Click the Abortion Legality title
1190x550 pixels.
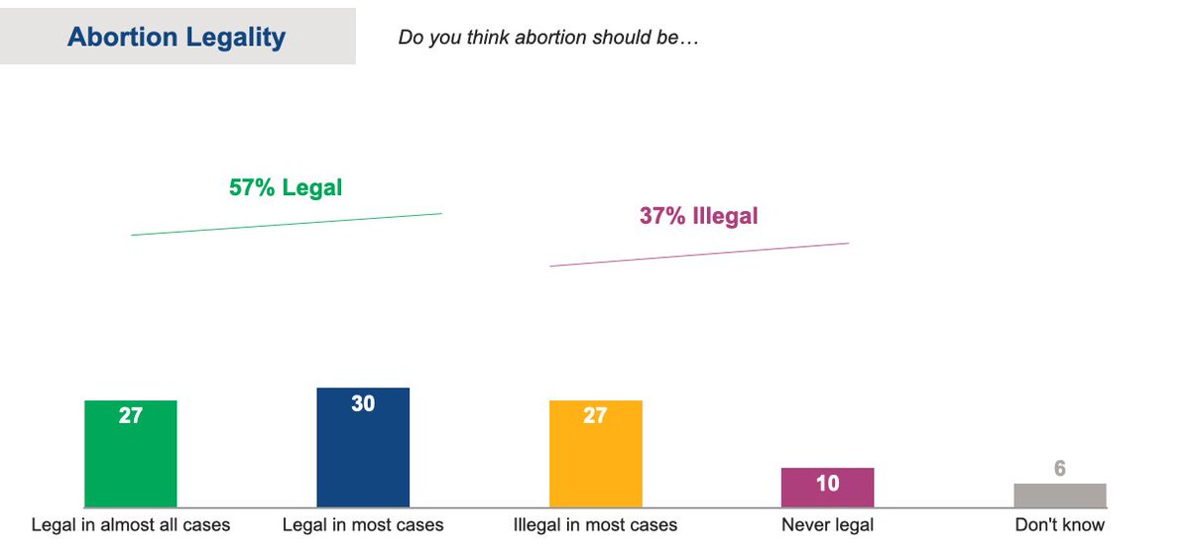177,38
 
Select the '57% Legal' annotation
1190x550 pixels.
286,187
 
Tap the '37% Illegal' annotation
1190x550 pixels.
698,216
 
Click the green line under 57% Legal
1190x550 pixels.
286,224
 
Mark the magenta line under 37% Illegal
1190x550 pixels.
699,255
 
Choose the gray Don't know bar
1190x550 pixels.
1059,495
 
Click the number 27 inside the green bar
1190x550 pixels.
131,416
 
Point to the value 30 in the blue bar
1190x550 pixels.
363,403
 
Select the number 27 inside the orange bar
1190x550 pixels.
595,416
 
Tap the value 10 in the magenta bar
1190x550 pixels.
827,484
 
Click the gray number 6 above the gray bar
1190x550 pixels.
1059,469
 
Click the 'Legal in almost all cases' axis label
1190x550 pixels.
131,525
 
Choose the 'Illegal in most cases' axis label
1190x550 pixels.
595,525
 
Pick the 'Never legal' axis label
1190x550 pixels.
827,525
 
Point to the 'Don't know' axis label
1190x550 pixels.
1059,525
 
